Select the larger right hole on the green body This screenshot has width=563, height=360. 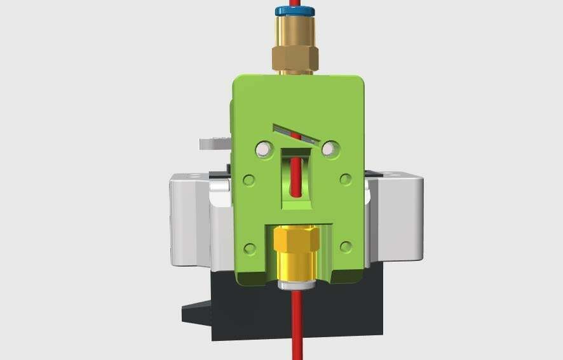click(x=329, y=149)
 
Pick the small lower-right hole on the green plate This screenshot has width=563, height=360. click(x=346, y=246)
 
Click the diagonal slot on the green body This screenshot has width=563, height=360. click(x=297, y=132)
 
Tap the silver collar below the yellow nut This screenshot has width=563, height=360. click(x=296, y=282)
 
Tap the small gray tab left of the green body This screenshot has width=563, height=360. click(x=213, y=143)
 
